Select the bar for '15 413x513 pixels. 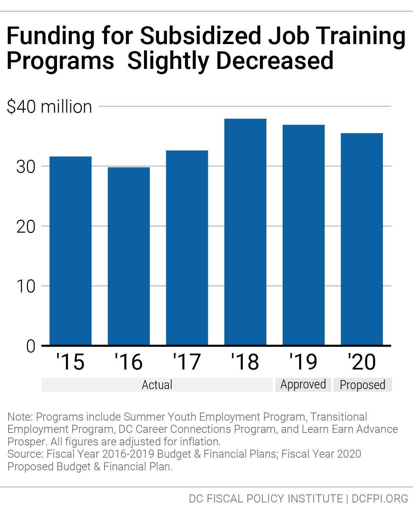(70, 251)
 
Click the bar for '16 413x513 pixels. (129, 256)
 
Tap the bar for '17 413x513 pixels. (187, 248)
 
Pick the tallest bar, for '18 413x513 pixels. (245, 232)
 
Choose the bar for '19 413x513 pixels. (304, 235)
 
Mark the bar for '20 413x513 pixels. (362, 239)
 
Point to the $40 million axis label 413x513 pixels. (49, 107)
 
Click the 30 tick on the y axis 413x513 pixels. (26, 167)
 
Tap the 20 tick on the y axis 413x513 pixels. (26, 227)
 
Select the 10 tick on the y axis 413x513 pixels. (26, 286)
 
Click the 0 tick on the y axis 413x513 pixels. (31, 346)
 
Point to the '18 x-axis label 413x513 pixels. (245, 362)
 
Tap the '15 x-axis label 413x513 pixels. (70, 362)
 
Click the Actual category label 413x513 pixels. (157, 385)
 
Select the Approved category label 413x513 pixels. (303, 384)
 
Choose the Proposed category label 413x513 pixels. (363, 385)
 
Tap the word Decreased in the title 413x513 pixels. (275, 61)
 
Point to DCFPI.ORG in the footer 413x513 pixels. (380, 498)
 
